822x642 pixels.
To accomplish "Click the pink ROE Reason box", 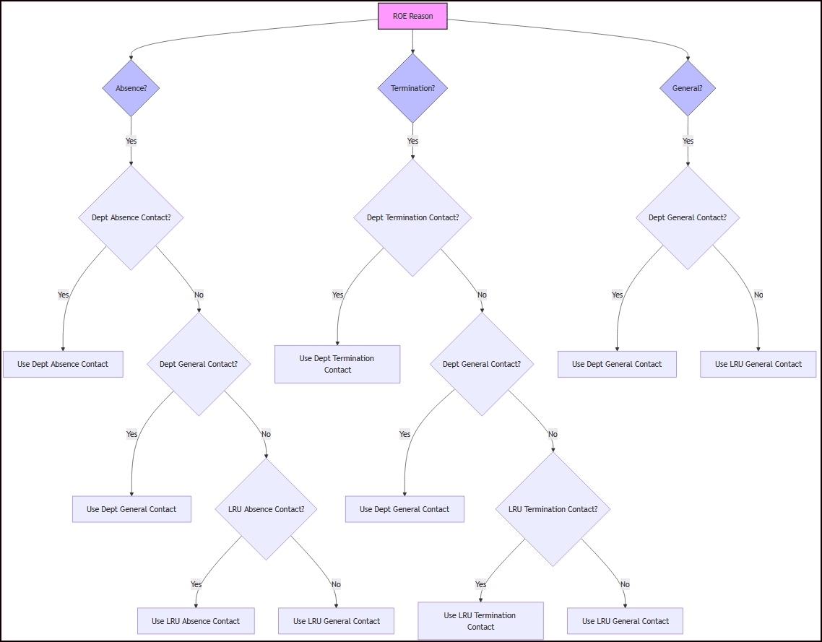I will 412,16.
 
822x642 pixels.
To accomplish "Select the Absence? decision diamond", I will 131,88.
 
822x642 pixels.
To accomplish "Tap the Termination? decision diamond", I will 412,88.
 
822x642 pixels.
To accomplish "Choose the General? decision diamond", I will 687,88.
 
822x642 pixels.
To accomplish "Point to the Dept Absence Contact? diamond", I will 131,217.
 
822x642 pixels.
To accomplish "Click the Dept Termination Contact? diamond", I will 412,217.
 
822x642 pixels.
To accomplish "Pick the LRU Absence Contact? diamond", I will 266,509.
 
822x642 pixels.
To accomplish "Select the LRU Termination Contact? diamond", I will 553,509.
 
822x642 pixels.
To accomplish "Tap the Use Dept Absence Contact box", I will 63,364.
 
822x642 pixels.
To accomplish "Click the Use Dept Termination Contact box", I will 337,364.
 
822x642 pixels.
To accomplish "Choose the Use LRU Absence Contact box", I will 196,621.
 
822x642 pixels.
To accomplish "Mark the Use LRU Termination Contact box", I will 480,621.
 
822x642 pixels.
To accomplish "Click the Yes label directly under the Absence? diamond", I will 131,141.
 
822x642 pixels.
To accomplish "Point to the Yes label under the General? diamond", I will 688,141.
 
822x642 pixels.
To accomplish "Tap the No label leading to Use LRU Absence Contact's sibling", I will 336,584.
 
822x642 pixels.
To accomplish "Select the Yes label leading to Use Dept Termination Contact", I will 337,295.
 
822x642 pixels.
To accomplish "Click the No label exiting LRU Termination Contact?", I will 625,584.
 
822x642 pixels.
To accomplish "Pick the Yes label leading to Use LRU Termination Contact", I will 480,584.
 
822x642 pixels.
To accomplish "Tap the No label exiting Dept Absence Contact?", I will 199,295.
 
